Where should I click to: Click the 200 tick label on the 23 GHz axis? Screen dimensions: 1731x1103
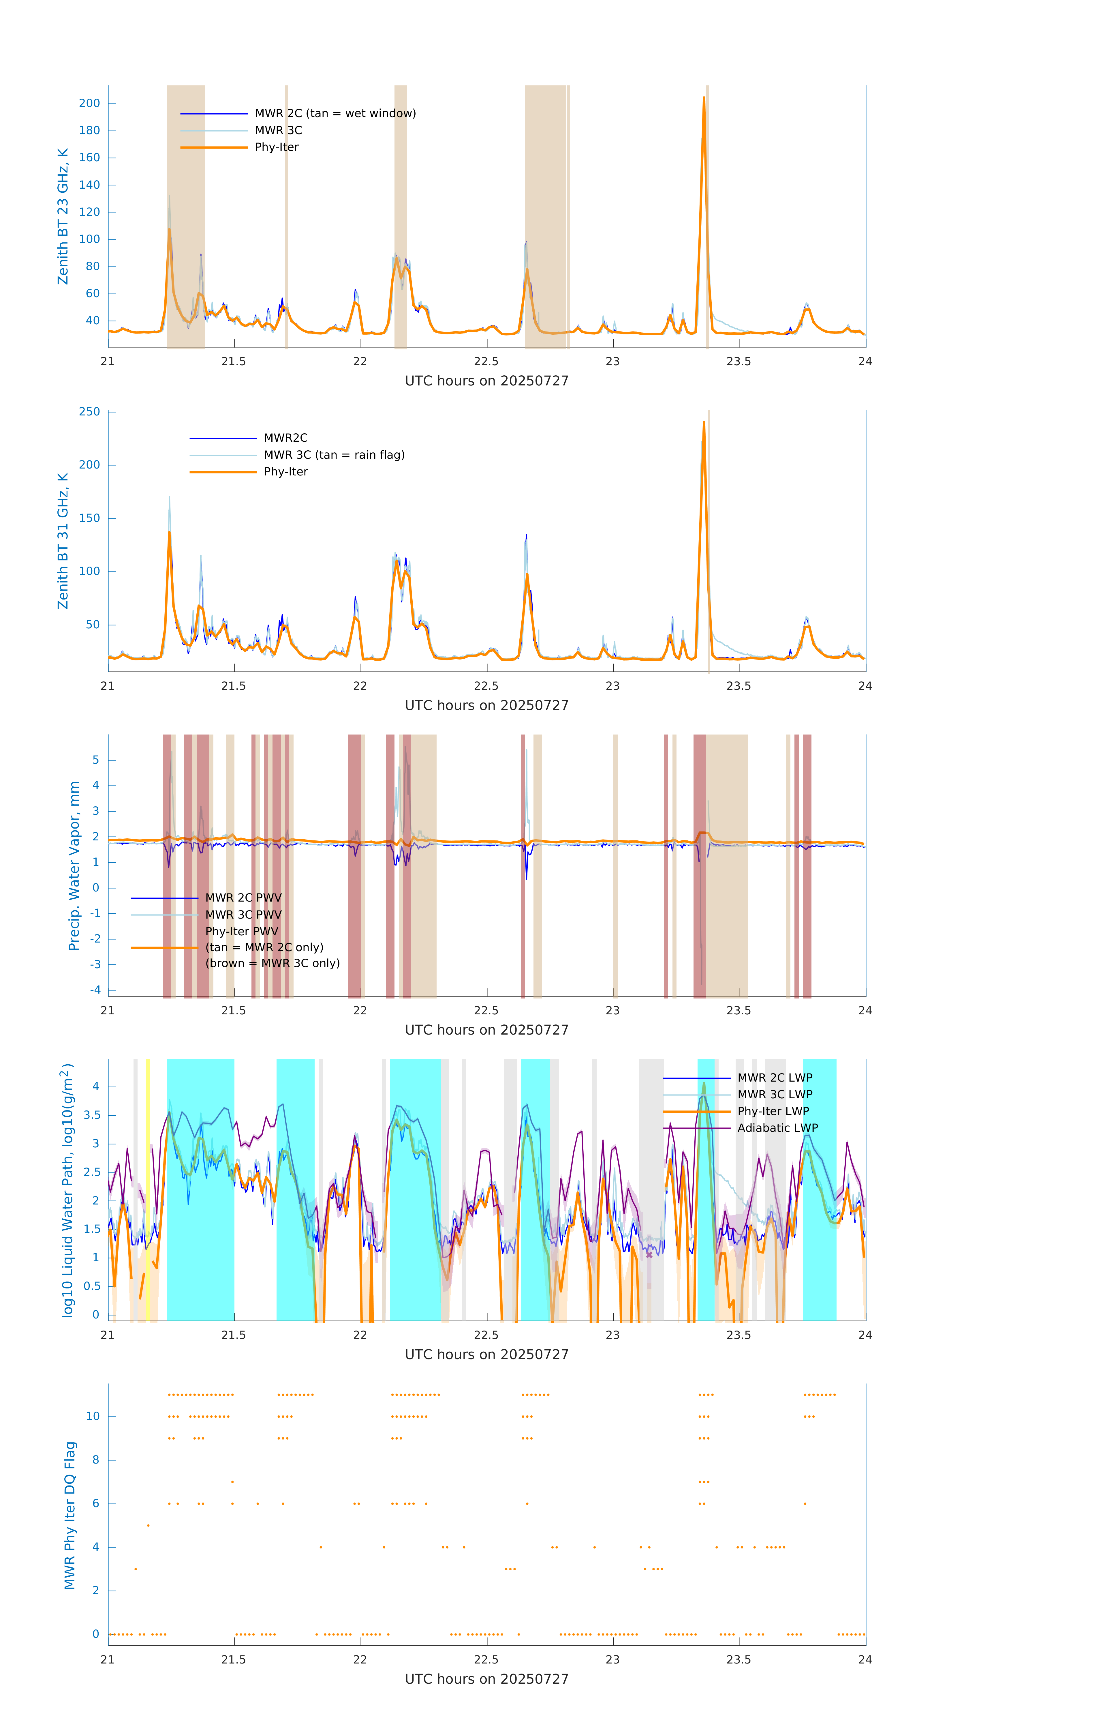pyautogui.click(x=90, y=104)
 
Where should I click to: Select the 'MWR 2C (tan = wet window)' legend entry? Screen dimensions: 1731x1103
pyautogui.click(x=335, y=114)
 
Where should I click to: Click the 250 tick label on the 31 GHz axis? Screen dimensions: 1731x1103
pyautogui.click(x=90, y=412)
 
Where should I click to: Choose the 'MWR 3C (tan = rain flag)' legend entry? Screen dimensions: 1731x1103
pyautogui.click(x=334, y=455)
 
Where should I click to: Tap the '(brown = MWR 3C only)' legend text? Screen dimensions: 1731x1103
pyautogui.click(x=272, y=963)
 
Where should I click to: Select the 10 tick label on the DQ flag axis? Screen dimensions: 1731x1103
pyautogui.click(x=93, y=1416)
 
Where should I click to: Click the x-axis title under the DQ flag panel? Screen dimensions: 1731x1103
pyautogui.click(x=486, y=1678)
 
